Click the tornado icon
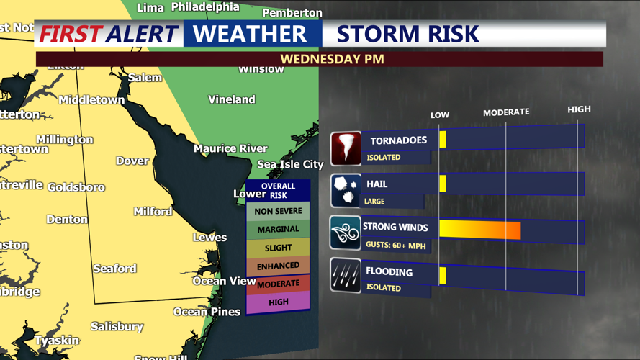(346, 148)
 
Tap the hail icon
(346, 191)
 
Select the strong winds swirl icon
(346, 233)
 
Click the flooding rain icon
(346, 276)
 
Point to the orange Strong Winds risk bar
(479, 230)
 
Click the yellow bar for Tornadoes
(443, 139)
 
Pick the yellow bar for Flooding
(443, 275)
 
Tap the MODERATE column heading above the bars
(505, 112)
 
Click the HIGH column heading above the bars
(579, 109)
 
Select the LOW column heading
(440, 115)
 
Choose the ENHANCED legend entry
(278, 266)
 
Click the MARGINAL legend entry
(278, 229)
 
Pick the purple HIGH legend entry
(278, 302)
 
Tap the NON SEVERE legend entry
(278, 211)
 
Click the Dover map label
(132, 161)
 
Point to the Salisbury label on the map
(117, 327)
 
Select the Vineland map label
(232, 99)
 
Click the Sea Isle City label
(290, 164)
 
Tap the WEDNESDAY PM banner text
(332, 59)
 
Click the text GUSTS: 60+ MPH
(396, 245)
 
